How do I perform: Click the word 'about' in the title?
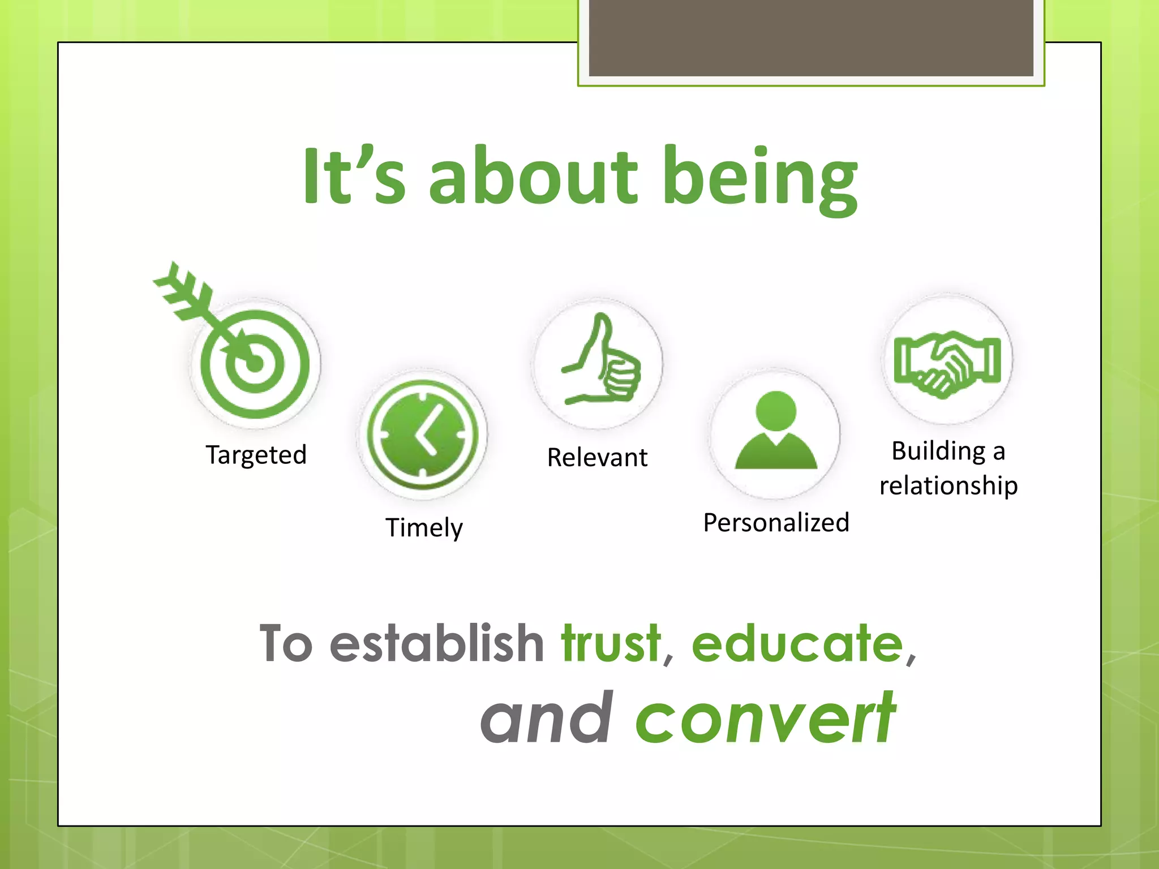pyautogui.click(x=534, y=175)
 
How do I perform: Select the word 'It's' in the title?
pyautogui.click(x=354, y=175)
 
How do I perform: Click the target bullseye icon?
pyautogui.click(x=255, y=363)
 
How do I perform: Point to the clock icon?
pyautogui.click(x=422, y=435)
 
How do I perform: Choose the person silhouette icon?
pyautogui.click(x=775, y=433)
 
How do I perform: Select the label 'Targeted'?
pyautogui.click(x=256, y=455)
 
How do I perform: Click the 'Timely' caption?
pyautogui.click(x=424, y=528)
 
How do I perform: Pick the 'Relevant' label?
pyautogui.click(x=597, y=458)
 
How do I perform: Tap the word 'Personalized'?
pyautogui.click(x=776, y=523)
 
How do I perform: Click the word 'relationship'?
pyautogui.click(x=948, y=486)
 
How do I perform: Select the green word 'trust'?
pyautogui.click(x=611, y=643)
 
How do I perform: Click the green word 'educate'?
pyautogui.click(x=797, y=643)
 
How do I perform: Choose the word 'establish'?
pyautogui.click(x=437, y=643)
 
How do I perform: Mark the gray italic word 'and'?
pyautogui.click(x=547, y=718)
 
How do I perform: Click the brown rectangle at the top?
pyautogui.click(x=811, y=38)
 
